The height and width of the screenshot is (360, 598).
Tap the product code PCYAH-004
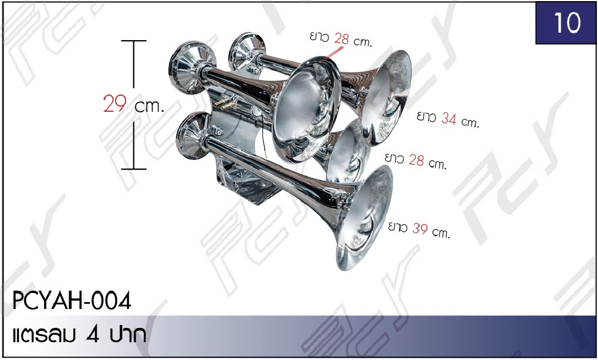(x=72, y=301)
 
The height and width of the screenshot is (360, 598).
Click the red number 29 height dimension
(x=115, y=103)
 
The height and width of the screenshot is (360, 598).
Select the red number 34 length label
(x=449, y=119)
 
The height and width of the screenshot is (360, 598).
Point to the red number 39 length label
(x=420, y=228)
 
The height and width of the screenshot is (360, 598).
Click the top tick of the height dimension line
(x=134, y=41)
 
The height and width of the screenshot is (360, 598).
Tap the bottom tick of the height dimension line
(x=134, y=169)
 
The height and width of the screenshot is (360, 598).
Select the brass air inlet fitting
(x=224, y=103)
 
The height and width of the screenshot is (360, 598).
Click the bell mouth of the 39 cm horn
(x=364, y=218)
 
